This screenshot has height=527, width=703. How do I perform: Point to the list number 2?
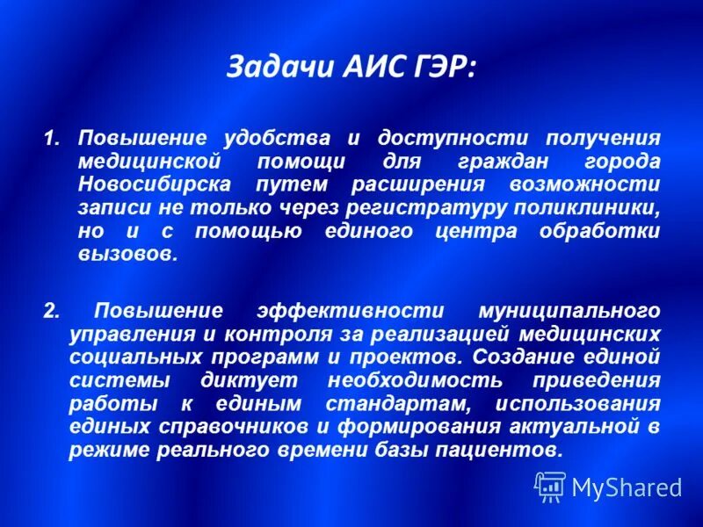click(51, 311)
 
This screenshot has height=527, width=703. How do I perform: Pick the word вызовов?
click(128, 255)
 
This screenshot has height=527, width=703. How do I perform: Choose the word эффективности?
click(355, 311)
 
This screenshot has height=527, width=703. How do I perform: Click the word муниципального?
click(569, 311)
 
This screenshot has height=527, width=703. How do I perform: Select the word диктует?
click(251, 381)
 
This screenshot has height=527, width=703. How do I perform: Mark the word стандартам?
click(394, 404)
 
